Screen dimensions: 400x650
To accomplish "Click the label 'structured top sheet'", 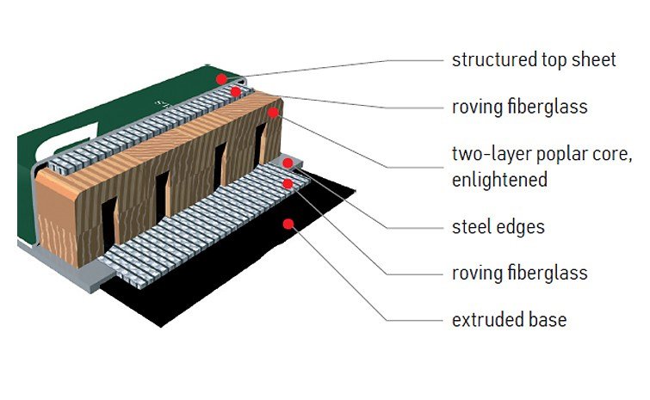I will coord(534,60).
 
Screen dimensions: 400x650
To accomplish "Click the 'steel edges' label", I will coord(498,227).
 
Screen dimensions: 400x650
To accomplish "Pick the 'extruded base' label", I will coord(509,320).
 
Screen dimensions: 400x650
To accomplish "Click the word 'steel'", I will coord(471,227).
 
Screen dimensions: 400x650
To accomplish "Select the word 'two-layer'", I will coord(490,155).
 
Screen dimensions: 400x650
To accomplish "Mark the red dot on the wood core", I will coord(273,112).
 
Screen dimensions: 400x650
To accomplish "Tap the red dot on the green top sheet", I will coord(221,78).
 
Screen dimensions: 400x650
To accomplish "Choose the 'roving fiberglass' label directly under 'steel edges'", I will coord(519,274).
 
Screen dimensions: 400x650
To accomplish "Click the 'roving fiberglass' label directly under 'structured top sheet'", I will coord(519,108).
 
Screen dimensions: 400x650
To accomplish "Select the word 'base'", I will coord(548,320).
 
